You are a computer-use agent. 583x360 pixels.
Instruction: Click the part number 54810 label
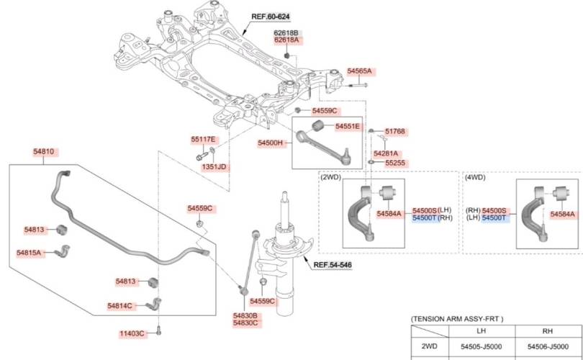(43, 152)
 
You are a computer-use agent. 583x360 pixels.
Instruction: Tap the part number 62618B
(286, 33)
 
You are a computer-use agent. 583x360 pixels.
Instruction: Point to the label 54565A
(359, 71)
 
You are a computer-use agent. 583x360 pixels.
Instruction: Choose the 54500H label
(271, 143)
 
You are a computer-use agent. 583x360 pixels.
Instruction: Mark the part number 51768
(394, 132)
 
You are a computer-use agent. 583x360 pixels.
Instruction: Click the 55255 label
(395, 163)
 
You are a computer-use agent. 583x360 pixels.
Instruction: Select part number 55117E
(203, 139)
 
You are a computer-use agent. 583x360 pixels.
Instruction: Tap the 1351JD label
(214, 166)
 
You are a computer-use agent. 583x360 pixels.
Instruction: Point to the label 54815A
(30, 253)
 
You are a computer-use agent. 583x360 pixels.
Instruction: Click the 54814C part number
(120, 306)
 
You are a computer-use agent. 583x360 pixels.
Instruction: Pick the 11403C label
(132, 333)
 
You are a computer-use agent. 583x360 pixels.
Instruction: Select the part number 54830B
(245, 315)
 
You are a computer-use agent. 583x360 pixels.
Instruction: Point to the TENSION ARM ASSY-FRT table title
(457, 318)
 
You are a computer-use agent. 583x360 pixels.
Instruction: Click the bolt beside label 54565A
(361, 85)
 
